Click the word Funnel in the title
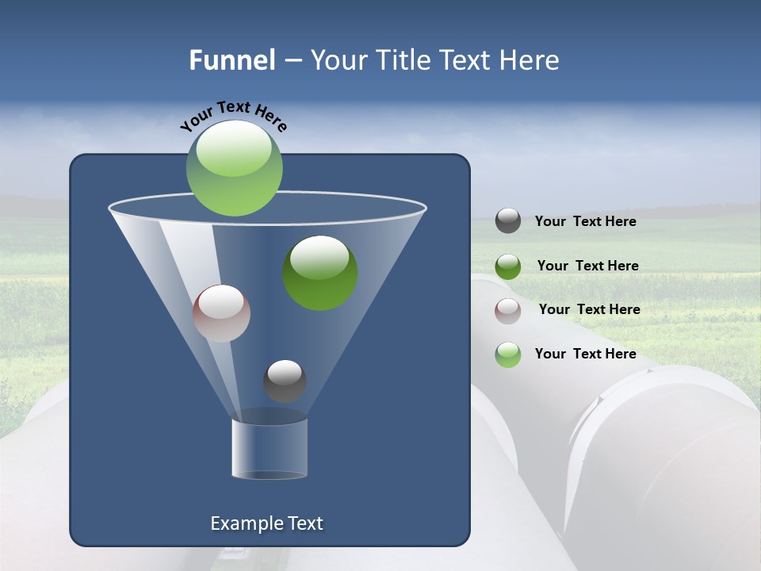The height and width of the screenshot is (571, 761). (x=231, y=60)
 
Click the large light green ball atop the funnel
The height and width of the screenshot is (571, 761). (x=235, y=168)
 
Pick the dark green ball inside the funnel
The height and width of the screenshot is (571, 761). (x=320, y=273)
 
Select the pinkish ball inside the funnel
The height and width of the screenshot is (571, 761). (x=221, y=313)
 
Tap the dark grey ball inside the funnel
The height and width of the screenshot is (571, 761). (x=285, y=381)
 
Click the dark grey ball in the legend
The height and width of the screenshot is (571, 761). (x=508, y=220)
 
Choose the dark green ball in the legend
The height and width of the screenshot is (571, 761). (x=508, y=266)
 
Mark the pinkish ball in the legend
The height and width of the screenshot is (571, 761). (x=508, y=311)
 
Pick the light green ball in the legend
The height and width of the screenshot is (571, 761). (x=508, y=354)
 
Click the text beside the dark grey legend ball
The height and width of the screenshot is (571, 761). (x=585, y=222)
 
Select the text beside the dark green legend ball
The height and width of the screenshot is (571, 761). (x=587, y=266)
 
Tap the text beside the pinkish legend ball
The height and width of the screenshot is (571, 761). (x=589, y=310)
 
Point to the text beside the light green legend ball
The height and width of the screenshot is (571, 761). (x=585, y=354)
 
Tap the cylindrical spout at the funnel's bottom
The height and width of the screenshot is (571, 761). (x=270, y=448)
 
